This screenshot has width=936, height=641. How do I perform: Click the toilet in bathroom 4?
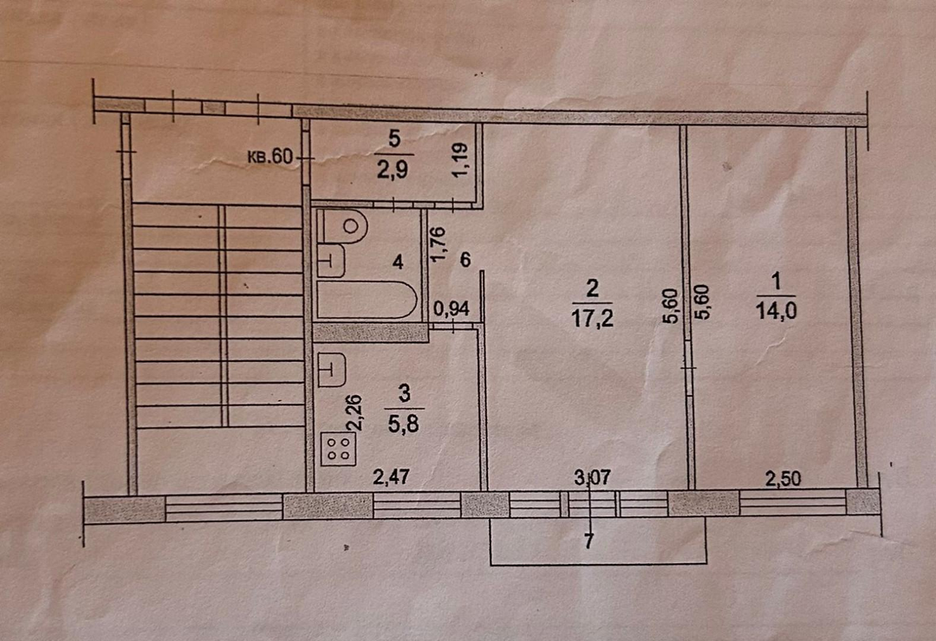click(x=344, y=226)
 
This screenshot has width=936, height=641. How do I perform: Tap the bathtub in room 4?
click(x=367, y=300)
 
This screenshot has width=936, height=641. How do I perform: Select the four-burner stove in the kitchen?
click(x=339, y=449)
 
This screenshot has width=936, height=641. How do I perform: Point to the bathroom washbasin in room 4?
click(x=331, y=261)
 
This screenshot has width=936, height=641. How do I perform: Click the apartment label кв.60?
click(x=271, y=157)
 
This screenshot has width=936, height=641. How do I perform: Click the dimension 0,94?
click(x=452, y=308)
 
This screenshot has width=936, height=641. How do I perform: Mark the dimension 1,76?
click(x=439, y=243)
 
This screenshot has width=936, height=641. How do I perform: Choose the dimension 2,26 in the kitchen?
click(x=354, y=412)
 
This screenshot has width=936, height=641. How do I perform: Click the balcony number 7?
click(x=590, y=541)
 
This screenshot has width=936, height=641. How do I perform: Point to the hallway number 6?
click(x=466, y=260)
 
